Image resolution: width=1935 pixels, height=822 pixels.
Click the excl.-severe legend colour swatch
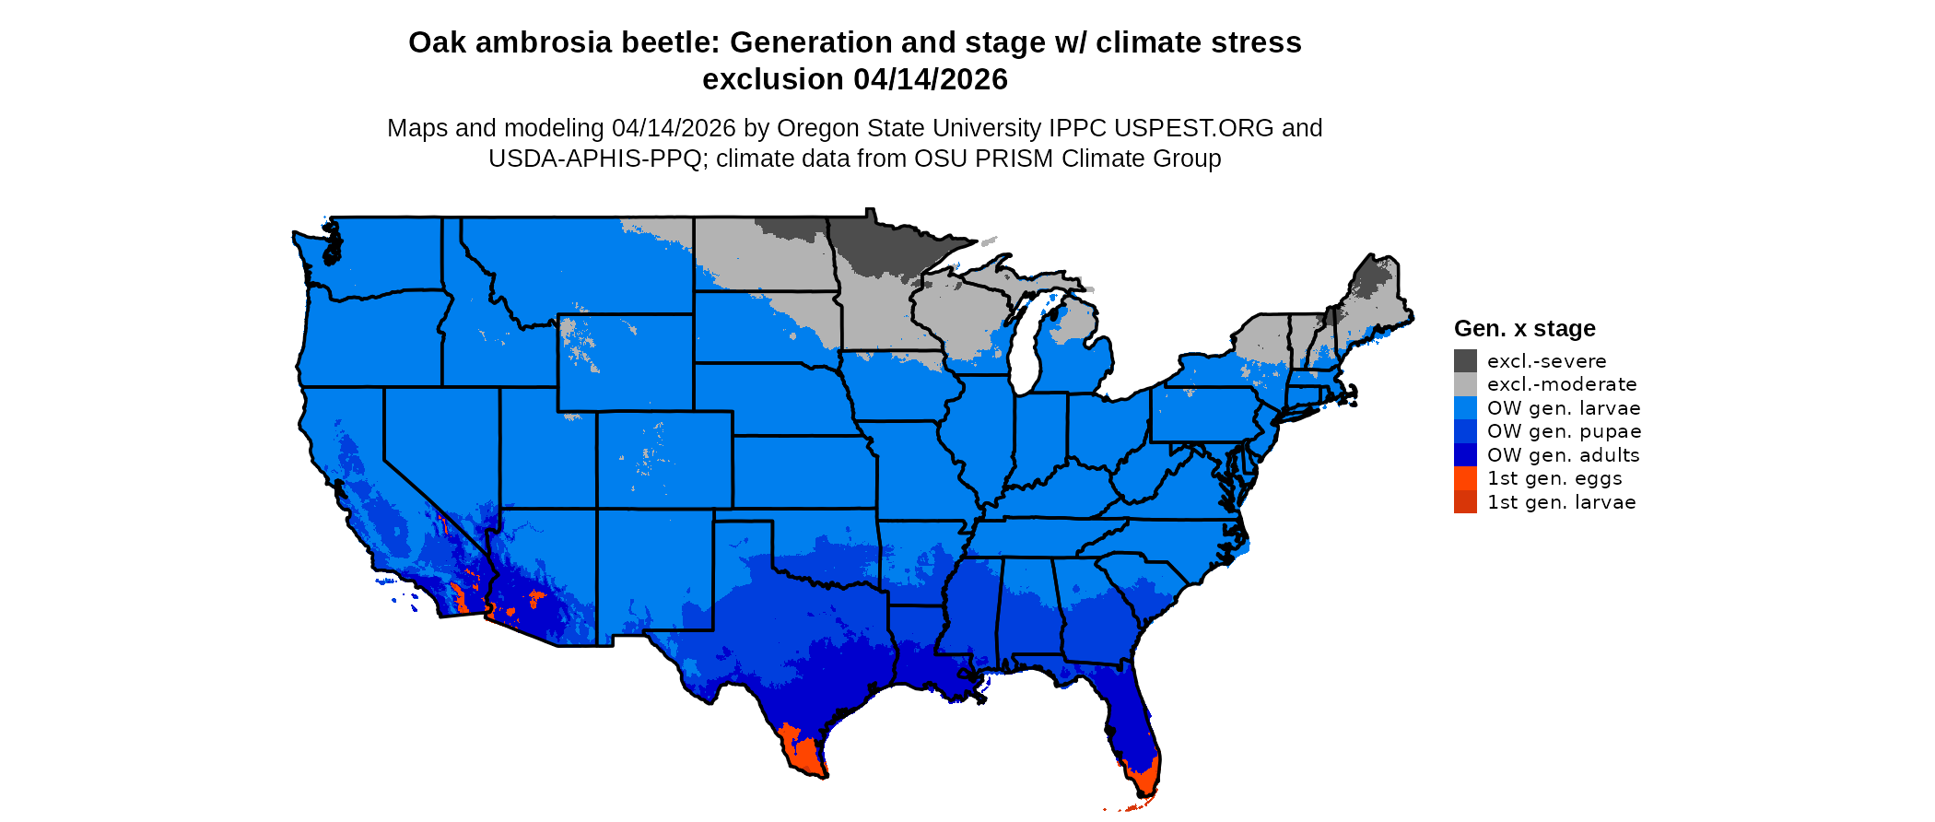click(x=1465, y=361)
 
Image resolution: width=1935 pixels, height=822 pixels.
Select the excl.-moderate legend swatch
click(x=1465, y=384)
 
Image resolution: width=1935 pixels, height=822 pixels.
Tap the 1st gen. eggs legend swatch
click(x=1465, y=478)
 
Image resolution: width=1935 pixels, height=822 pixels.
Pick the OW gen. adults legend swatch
click(x=1465, y=455)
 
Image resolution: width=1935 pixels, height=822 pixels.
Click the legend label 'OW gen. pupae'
click(x=1564, y=431)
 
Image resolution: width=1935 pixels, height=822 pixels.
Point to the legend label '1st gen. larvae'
click(x=1561, y=502)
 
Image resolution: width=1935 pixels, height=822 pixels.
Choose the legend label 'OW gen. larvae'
click(x=1564, y=408)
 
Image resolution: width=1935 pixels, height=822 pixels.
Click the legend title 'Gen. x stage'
click(x=1524, y=329)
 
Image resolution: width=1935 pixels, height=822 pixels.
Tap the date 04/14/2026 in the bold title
click(x=931, y=80)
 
